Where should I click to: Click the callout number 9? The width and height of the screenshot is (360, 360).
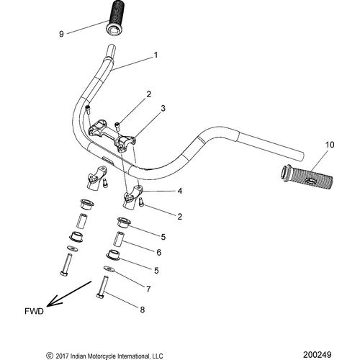pos(61,34)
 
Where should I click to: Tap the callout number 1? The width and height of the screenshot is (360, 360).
pos(156,55)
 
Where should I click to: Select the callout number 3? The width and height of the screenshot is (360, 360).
pos(163,108)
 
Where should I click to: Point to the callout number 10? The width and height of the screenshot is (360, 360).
pos(330,145)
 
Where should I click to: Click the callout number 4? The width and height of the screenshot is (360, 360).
pos(180,191)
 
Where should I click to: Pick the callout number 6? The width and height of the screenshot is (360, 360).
pos(159,252)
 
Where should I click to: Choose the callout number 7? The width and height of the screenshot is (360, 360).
pos(148,289)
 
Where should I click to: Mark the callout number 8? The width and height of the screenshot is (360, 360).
pos(143,310)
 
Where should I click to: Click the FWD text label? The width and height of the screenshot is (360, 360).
pos(34,311)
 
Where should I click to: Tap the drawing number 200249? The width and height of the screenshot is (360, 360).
pos(317,354)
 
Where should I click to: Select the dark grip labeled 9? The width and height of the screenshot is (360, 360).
pos(116,19)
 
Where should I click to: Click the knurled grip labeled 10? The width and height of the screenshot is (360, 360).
pos(307,176)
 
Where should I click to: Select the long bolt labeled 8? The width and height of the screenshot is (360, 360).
pos(102,287)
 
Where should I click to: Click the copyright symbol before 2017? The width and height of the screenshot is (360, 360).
pos(50,356)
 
